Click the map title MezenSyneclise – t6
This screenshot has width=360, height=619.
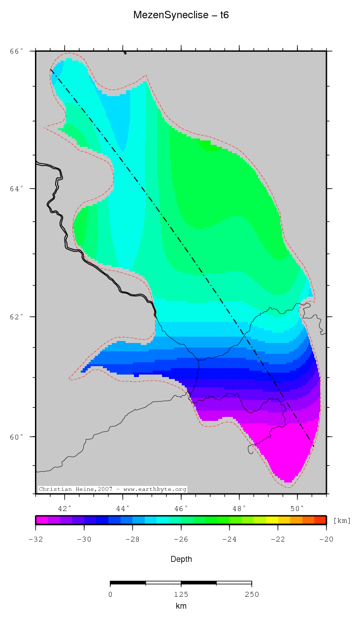[x=181, y=15]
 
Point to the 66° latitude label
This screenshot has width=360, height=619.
[x=17, y=51]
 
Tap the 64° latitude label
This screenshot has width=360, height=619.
[x=17, y=189]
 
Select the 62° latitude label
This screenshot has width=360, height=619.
[x=17, y=316]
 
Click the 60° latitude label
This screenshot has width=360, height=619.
[x=17, y=437]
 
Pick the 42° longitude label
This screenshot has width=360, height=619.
[x=65, y=508]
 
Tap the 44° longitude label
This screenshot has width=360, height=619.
[x=123, y=508]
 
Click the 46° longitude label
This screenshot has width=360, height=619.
[x=181, y=508]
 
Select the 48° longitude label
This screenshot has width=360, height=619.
[x=239, y=508]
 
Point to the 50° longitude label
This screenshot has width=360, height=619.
[x=297, y=508]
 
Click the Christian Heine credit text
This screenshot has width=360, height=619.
[x=112, y=489]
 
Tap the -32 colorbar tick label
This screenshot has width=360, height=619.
[x=35, y=539]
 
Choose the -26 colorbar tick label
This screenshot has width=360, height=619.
[x=181, y=539]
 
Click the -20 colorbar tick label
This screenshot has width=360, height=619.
[x=326, y=539]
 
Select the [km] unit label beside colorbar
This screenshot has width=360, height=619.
[x=342, y=520]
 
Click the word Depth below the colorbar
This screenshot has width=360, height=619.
[x=181, y=559]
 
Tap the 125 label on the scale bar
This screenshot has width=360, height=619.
[x=181, y=594]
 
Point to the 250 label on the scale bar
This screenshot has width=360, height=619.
[x=251, y=594]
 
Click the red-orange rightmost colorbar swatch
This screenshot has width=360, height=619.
[x=320, y=519]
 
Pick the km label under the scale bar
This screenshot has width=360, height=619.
[x=181, y=606]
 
